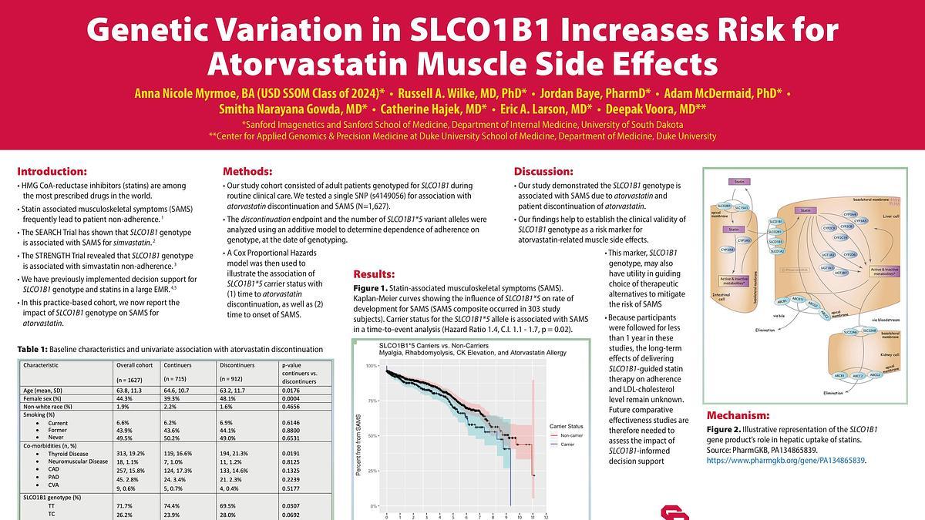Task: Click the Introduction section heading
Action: coord(52,171)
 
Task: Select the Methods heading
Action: coord(247,171)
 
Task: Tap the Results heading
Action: coord(374,273)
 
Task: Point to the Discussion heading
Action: coord(543,171)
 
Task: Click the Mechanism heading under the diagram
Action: coord(738,414)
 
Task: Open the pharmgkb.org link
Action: coord(786,460)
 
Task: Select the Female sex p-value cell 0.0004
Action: coord(293,398)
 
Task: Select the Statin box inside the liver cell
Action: coord(805,210)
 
